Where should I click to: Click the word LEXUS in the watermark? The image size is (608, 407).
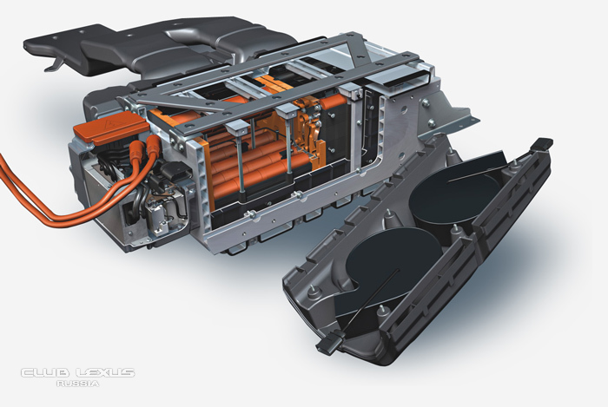105,372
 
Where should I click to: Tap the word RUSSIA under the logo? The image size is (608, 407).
77,384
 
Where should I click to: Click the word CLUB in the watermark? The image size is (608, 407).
45,372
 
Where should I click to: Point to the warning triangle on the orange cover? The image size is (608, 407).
113,124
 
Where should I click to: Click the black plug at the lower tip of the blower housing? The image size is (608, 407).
327,344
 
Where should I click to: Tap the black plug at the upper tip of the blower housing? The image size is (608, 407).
543,144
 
